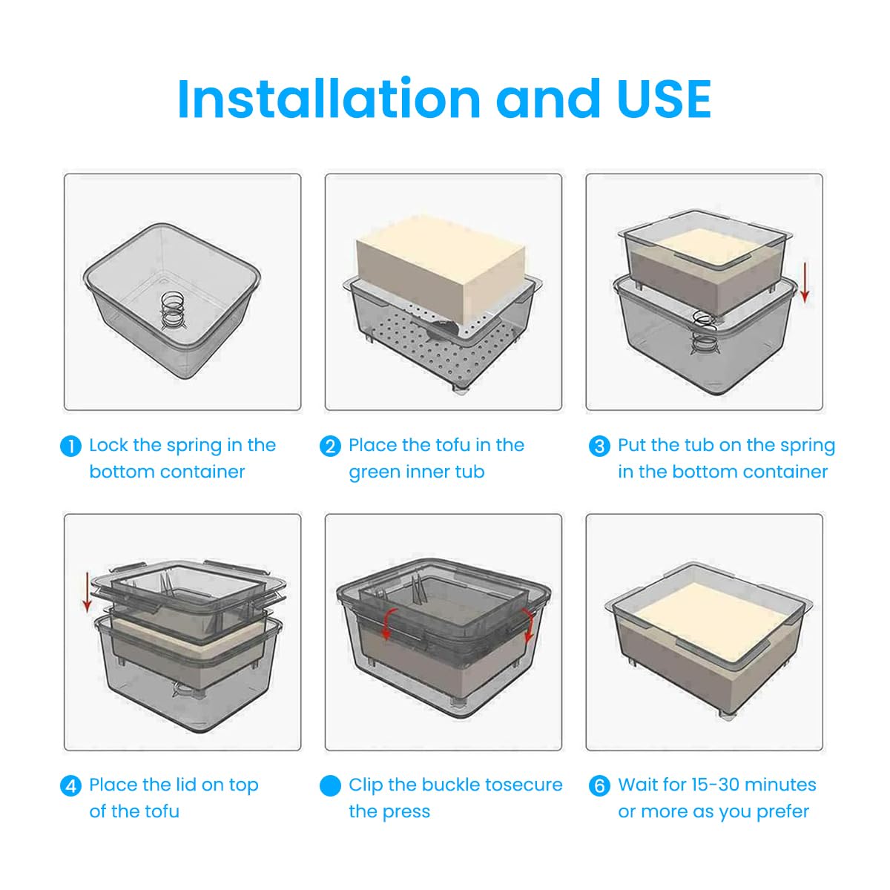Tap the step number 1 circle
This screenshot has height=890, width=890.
point(70,446)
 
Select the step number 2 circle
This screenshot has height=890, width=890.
point(330,446)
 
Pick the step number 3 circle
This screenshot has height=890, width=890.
point(599,446)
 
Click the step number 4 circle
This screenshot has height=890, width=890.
point(70,786)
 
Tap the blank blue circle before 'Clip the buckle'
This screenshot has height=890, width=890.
point(330,786)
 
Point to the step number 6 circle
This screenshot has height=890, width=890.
point(599,786)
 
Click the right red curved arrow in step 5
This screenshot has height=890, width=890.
point(528,624)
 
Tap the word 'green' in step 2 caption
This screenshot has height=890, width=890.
point(375,472)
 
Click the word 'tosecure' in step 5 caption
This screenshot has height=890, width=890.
point(523,785)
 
